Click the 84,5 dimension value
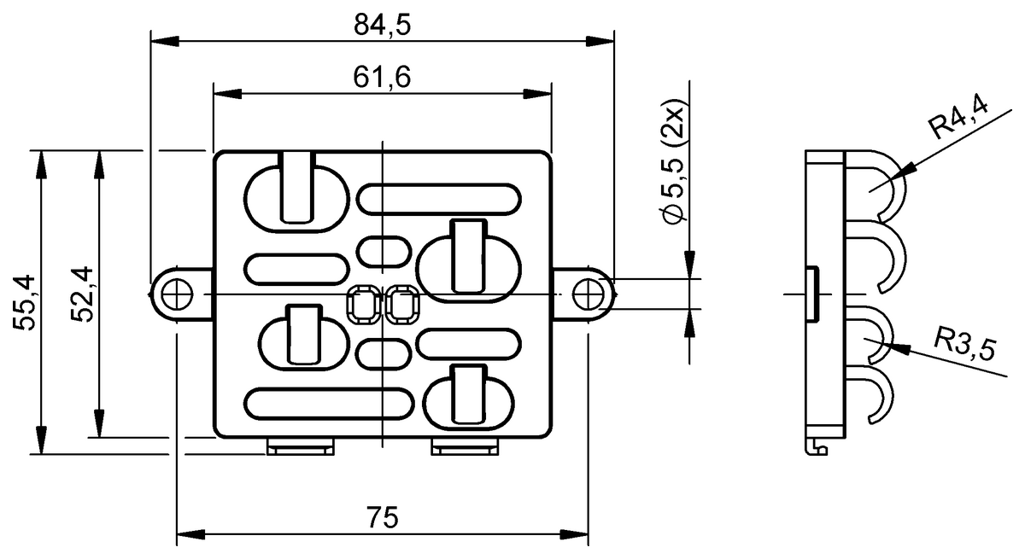pos(382,26)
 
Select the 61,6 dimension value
pos(382,78)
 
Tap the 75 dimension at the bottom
pos(382,518)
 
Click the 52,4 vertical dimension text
pos(82,294)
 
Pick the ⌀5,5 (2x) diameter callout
pos(674,167)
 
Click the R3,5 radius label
pos(966,346)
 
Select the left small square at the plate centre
pos(364,305)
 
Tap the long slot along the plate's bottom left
pos(327,403)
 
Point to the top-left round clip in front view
pos(297,195)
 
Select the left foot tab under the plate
pos(300,446)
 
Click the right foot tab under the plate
pos(465,446)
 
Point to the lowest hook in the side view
pos(875,397)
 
